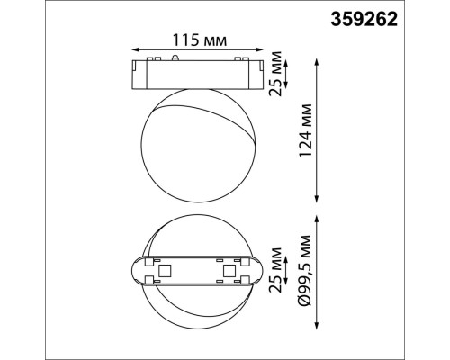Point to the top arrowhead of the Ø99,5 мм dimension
pyautogui.click(x=318, y=216)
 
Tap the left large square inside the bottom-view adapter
pyautogui.click(x=165, y=269)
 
